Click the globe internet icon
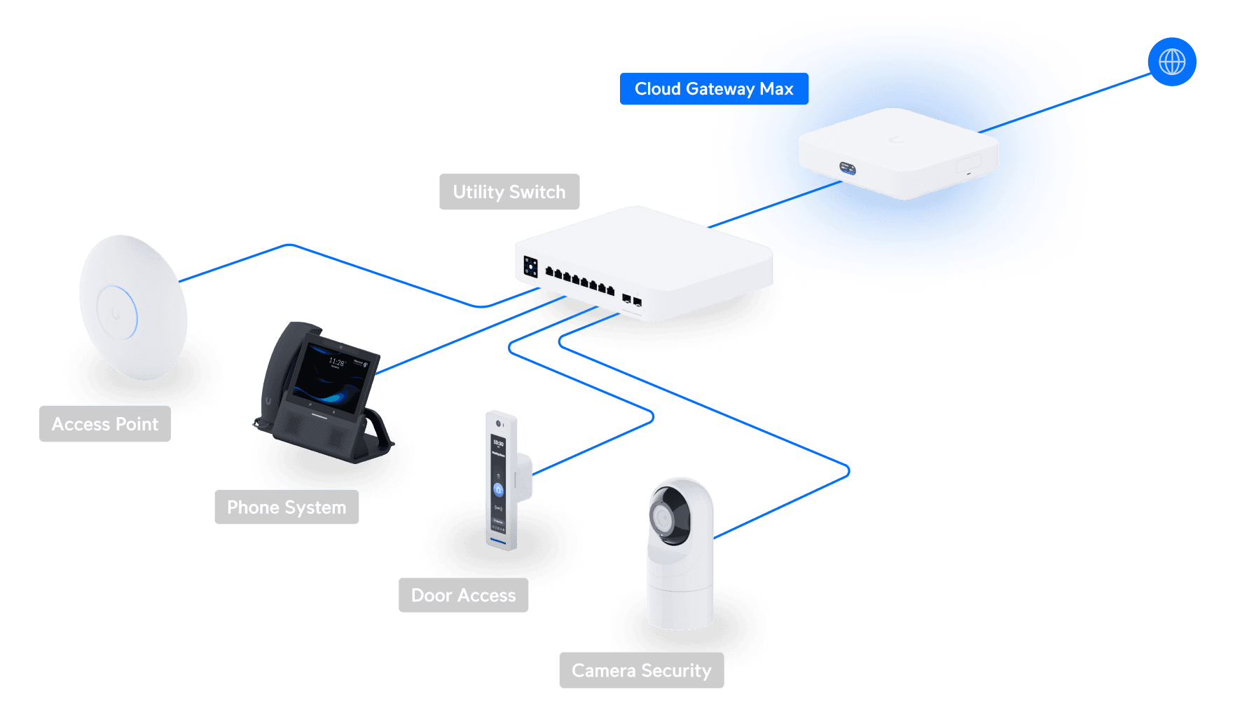tap(1171, 62)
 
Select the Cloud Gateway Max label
tap(713, 89)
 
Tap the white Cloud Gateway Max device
tap(900, 150)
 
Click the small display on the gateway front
tap(847, 168)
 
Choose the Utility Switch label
tap(509, 191)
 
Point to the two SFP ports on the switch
tap(632, 301)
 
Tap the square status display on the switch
tap(530, 267)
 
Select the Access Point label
tap(105, 424)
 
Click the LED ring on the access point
tap(117, 313)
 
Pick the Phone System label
tap(287, 507)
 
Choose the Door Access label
tap(463, 595)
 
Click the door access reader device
tap(501, 480)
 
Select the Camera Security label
tap(641, 670)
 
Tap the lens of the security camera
tap(662, 518)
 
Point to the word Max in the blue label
tap(776, 89)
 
